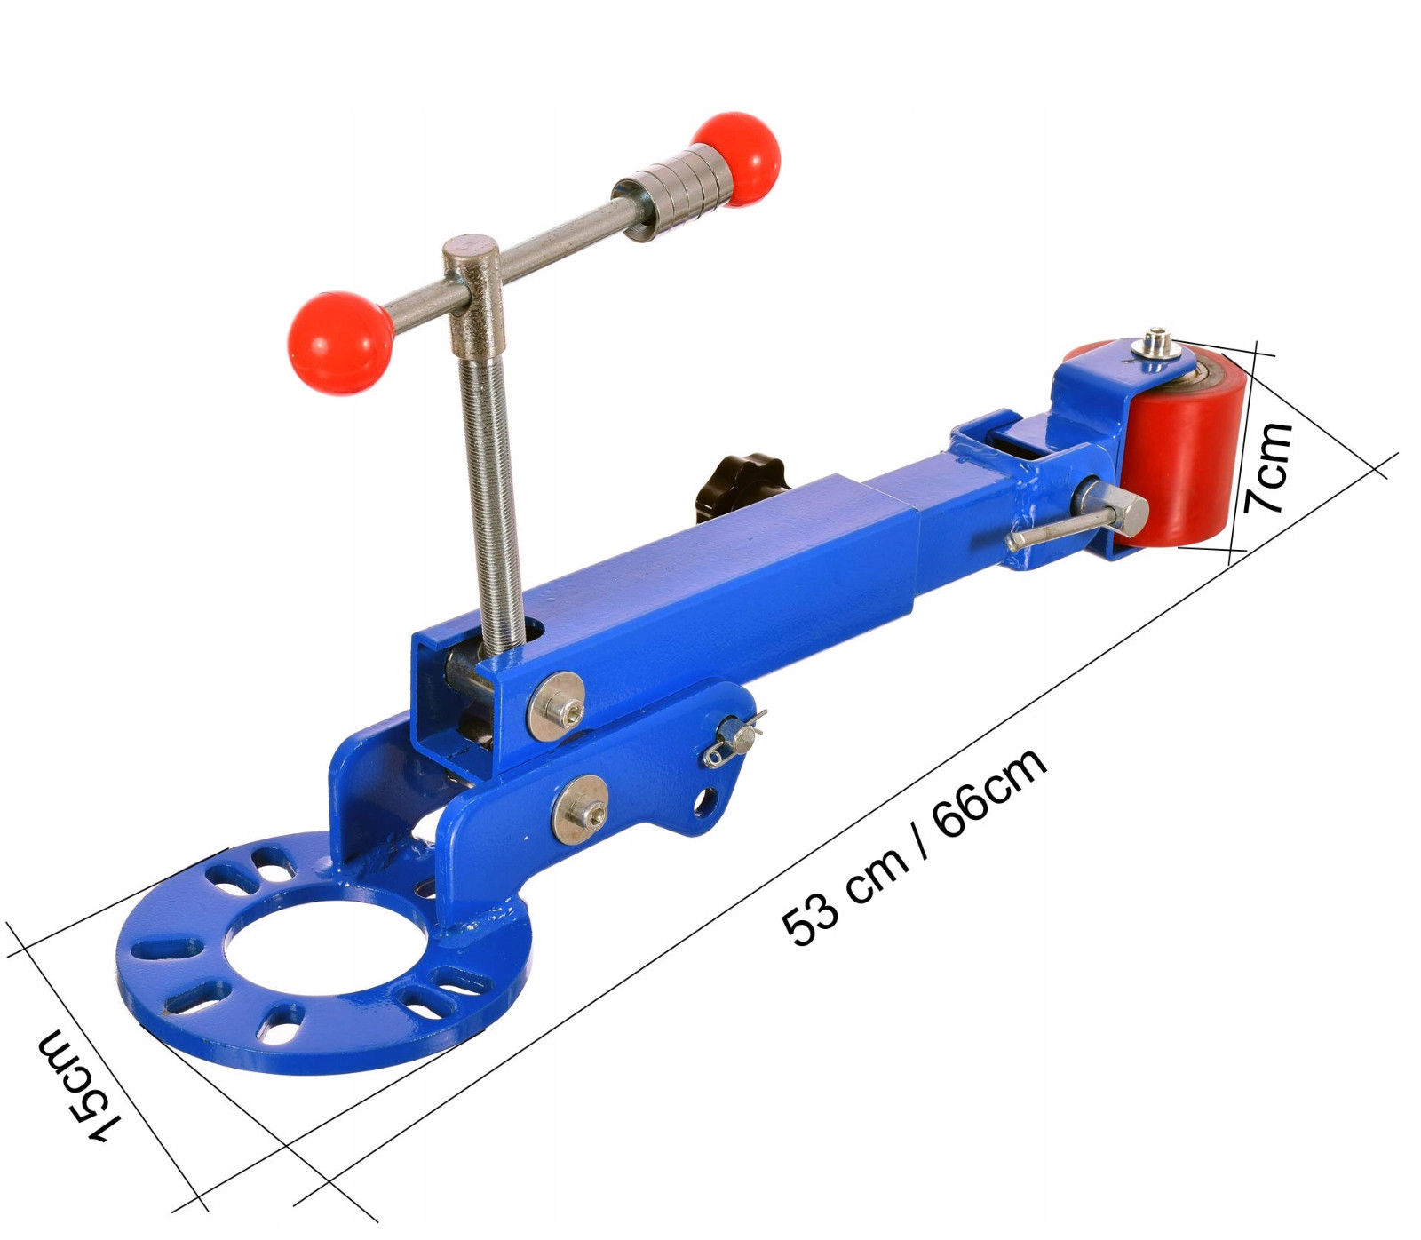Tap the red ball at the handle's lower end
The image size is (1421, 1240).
[x=340, y=343]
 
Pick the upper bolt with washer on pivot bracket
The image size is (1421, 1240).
[x=556, y=706]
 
